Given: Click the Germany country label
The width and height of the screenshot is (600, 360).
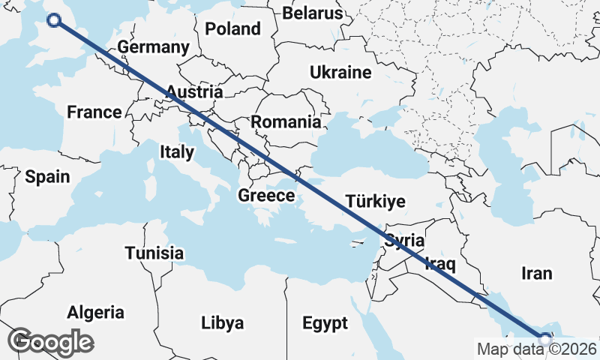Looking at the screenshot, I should pos(153,47).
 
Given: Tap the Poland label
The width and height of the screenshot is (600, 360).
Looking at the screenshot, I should pos(232,29).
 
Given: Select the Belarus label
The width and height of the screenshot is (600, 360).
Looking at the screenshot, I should pos(313,13).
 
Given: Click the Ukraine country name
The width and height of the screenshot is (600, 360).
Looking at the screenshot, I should pos(341,73).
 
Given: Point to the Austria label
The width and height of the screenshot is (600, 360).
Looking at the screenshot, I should pos(194,92).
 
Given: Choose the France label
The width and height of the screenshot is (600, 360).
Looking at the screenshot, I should pos(94,112).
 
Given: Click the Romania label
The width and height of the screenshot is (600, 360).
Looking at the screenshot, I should pos(286,122).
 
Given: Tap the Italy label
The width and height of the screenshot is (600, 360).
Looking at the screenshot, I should pos(177,152).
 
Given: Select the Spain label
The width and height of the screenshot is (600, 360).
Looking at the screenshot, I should pos(47,178).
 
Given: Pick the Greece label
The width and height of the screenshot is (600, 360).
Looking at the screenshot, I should pos(266,196).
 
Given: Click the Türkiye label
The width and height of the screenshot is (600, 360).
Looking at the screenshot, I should pos(375,202).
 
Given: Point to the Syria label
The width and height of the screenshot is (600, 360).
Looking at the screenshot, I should pos(405,241).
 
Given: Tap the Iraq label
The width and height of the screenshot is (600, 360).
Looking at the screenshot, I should pos(440,263).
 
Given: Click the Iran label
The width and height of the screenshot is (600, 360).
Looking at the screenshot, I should pos(535,273).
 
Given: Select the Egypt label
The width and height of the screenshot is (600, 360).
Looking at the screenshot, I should pos(325,323).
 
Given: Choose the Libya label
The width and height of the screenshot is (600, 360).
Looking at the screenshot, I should pos(223,323).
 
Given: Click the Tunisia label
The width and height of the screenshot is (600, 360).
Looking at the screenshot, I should pos(154,253).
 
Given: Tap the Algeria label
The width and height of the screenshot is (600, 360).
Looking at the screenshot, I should pos(96,312).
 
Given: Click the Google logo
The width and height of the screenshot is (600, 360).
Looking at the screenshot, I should pos(51,341).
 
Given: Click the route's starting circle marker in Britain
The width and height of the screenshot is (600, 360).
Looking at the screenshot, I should pos(54,20).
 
